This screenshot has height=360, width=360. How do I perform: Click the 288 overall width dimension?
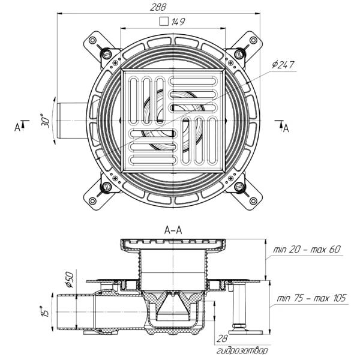point(158,7)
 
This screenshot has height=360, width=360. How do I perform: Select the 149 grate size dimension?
point(178,22)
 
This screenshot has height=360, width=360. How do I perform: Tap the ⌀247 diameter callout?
point(283,65)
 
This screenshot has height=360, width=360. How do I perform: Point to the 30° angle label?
point(45,121)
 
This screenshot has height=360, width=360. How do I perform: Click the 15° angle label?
point(45,311)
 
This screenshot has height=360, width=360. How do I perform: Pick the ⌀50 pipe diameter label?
point(69,280)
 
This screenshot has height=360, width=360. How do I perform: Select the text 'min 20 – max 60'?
point(307,250)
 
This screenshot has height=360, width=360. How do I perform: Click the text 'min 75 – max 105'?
point(311,298)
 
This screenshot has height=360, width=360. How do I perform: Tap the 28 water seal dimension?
point(222,338)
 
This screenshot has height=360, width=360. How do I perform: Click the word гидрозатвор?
point(242,350)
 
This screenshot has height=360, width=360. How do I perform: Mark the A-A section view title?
point(173,230)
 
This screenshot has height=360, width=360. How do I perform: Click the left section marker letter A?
point(17,127)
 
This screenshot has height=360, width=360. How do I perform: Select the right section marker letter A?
point(286,128)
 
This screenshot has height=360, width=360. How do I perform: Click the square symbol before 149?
point(164,22)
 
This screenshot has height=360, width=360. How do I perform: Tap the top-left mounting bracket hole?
point(92,40)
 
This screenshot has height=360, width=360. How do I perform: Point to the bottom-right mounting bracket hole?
point(253,200)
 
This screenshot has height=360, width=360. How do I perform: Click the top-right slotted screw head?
point(239,54)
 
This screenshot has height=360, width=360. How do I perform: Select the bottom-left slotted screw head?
point(106,187)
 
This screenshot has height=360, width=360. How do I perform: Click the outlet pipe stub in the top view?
point(72,121)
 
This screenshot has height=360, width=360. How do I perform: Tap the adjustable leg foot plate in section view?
point(247,332)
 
